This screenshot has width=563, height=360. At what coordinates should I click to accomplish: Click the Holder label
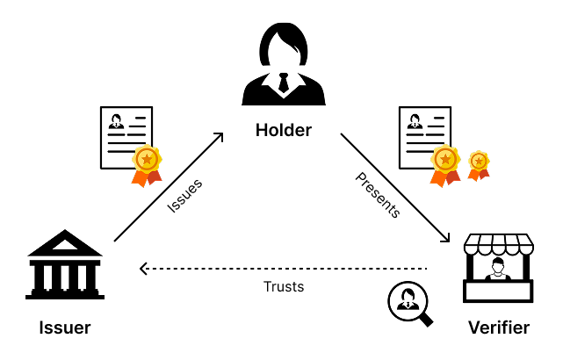[x=283, y=131]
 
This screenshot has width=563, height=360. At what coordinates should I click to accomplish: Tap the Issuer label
[x=65, y=328]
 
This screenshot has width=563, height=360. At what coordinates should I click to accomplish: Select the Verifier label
[x=499, y=328]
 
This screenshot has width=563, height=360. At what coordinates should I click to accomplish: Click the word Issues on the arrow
[x=184, y=196]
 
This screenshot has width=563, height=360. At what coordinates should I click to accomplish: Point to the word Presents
[x=378, y=194]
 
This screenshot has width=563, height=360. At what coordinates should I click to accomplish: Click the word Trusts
[x=284, y=286]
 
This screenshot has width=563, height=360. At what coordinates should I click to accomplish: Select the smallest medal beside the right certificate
[x=479, y=163]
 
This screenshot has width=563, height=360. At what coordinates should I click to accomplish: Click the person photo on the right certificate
[x=413, y=122]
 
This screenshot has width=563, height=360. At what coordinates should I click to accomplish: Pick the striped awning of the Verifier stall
[x=499, y=242]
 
